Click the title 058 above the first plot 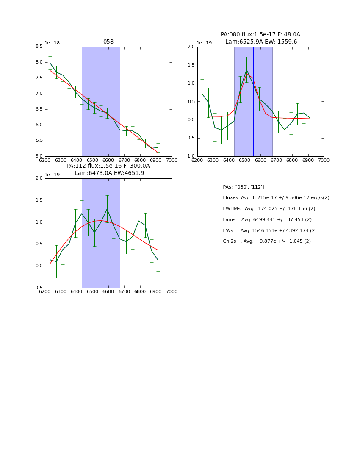(x=108, y=42)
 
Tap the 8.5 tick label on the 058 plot (x=39, y=47)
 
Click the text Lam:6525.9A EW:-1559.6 (x=261, y=42)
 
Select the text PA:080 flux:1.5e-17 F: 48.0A (x=260, y=35)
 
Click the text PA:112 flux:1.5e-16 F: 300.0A (x=108, y=166)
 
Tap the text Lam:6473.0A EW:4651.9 (x=109, y=173)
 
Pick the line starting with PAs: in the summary (x=243, y=187)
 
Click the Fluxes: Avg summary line (x=276, y=198)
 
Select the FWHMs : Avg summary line (x=269, y=209)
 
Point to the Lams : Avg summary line (x=267, y=220)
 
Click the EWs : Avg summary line (x=270, y=231)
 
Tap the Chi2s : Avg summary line (x=267, y=241)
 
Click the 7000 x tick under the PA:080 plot (x=324, y=161)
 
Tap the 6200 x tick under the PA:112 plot (x=45, y=292)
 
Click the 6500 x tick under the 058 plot (x=92, y=161)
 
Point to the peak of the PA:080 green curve (x=246, y=69)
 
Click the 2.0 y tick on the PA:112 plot (x=39, y=178)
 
